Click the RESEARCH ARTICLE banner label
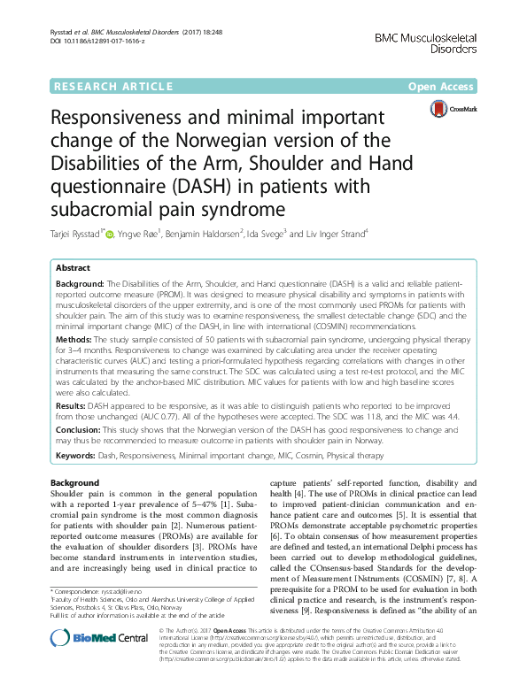coord(112,86)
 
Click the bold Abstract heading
coord(73,267)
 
